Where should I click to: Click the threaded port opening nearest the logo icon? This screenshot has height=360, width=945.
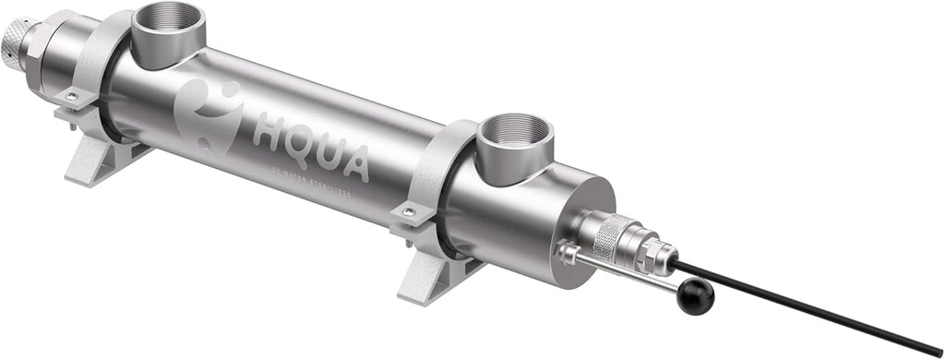click(x=168, y=20)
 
